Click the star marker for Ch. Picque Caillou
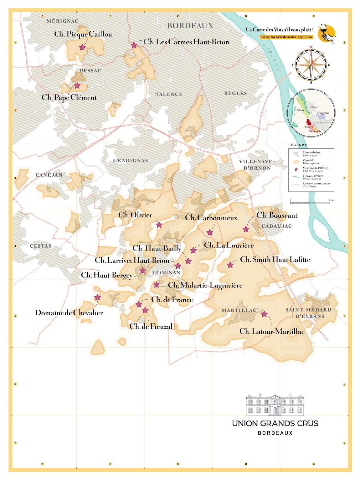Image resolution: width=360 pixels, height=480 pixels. [x=82, y=47]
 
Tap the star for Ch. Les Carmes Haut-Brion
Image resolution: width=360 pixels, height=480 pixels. [x=134, y=45]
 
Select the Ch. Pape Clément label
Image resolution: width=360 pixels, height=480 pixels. [x=69, y=97]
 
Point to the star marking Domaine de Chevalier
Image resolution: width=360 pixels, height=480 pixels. [x=97, y=297]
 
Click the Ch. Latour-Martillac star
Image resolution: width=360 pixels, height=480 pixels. [x=265, y=314]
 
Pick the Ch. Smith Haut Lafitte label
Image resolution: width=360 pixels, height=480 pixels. [x=275, y=260]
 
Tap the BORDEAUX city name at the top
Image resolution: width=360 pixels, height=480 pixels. [x=190, y=26]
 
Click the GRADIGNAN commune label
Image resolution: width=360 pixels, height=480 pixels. [x=131, y=160]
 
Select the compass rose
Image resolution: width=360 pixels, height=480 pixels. [x=311, y=65]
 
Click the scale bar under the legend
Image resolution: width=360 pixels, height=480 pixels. [x=310, y=203]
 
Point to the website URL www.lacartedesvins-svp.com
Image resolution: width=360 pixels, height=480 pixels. [x=286, y=37]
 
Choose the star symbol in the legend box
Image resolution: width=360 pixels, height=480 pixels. [x=296, y=169]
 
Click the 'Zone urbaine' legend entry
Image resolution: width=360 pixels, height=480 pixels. [x=311, y=154]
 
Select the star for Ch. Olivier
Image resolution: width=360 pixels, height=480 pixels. [x=159, y=225]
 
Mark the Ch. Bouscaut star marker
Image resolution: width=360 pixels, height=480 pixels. [x=246, y=229]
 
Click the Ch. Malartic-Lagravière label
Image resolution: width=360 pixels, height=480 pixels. [x=205, y=285]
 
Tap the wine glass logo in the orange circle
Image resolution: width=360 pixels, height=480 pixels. [x=326, y=33]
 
